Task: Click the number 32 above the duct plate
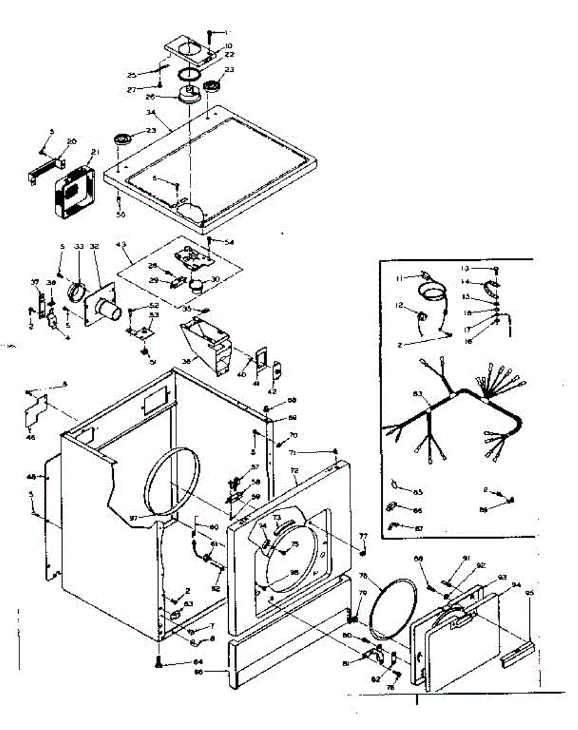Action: pos(94,246)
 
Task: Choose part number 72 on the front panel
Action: pos(294,471)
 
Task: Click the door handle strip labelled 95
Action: pos(517,656)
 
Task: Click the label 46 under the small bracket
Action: pos(30,437)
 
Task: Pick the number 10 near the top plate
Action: pos(212,46)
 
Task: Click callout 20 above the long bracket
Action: pos(72,141)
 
